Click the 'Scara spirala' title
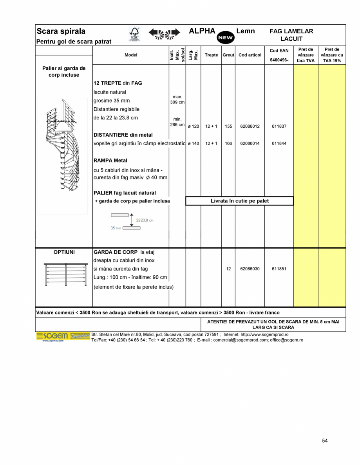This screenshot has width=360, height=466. (61, 31)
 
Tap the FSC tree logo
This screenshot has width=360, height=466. (134, 34)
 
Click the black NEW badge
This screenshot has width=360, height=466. (225, 38)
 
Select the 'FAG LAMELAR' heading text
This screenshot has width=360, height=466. (291, 31)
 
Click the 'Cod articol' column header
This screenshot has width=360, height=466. (250, 55)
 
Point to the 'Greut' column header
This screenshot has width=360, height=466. (228, 55)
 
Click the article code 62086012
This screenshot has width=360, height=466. (250, 126)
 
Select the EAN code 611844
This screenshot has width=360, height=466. (279, 143)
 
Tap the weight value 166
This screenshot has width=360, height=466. (228, 143)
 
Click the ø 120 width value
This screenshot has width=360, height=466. (193, 126)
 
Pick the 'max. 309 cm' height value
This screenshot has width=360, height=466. (177, 99)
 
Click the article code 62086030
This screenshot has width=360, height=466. (250, 269)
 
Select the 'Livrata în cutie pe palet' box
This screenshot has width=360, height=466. (239, 201)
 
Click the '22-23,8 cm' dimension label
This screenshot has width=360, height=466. (145, 220)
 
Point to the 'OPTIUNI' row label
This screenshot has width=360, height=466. (64, 252)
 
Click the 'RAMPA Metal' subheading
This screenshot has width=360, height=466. (110, 161)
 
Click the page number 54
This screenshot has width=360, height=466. (325, 441)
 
